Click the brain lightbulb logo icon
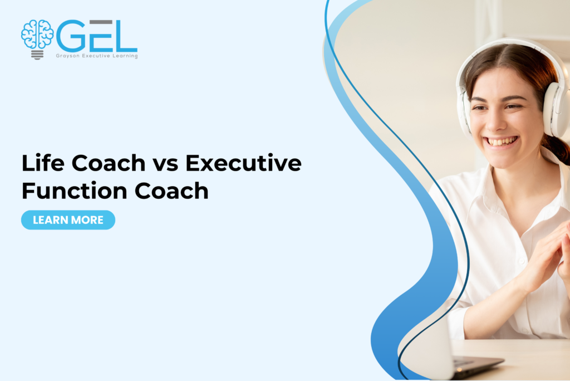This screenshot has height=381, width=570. click(37, 39)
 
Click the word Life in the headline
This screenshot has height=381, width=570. click(40, 164)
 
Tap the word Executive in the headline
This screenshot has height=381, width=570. click(243, 164)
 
